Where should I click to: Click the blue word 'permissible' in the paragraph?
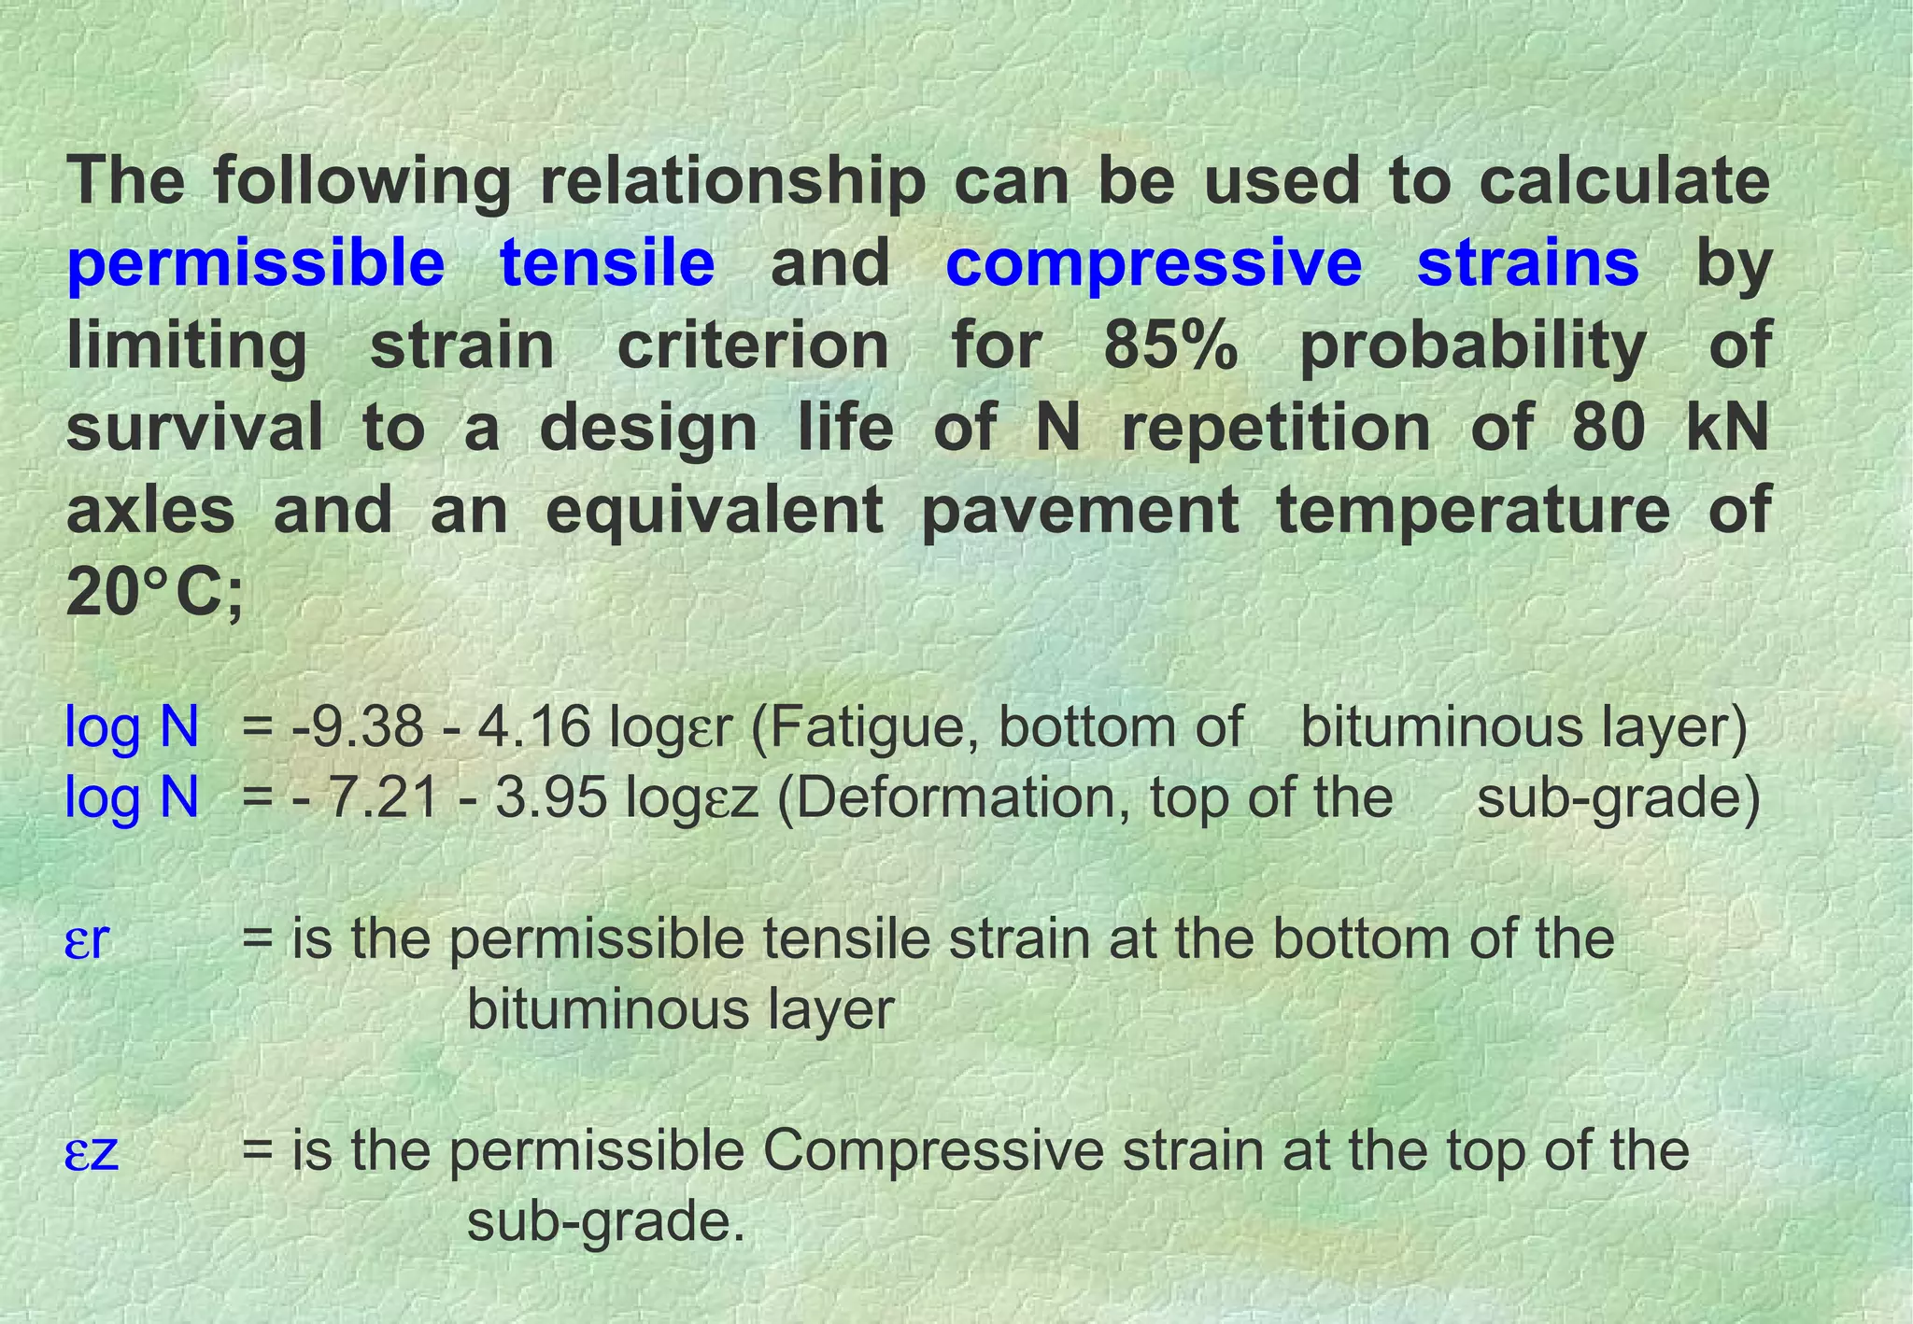tap(256, 264)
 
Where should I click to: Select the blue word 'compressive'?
tap(1154, 264)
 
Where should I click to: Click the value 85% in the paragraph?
tap(1171, 345)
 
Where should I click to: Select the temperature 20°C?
tap(154, 594)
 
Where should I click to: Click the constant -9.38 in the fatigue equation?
tap(358, 727)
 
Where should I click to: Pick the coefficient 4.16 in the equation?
tap(534, 727)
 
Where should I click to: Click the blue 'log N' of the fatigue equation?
tap(132, 727)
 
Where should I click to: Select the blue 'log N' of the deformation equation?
tap(132, 798)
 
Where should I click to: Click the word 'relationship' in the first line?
tap(733, 181)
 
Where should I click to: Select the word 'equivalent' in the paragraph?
tap(715, 511)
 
